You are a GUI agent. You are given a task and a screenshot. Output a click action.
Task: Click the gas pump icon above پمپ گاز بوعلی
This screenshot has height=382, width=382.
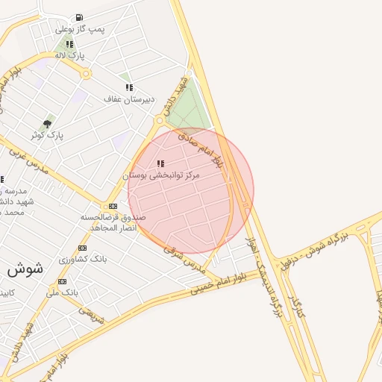79,18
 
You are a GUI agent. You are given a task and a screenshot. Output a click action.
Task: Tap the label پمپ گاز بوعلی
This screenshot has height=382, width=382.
80,29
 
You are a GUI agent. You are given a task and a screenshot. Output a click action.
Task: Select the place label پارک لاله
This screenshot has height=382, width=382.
69,55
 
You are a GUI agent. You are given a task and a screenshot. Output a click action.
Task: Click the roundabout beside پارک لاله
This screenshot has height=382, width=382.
86,74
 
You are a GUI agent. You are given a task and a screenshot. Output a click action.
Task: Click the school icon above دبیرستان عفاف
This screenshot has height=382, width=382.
129,87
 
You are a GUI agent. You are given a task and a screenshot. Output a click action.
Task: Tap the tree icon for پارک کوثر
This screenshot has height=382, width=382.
48,124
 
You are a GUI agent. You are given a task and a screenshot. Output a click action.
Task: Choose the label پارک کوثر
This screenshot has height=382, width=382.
47,135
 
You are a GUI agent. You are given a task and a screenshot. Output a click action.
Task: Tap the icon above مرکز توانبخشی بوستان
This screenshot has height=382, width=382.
160,163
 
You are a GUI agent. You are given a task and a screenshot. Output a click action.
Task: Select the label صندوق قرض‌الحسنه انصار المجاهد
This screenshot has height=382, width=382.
113,222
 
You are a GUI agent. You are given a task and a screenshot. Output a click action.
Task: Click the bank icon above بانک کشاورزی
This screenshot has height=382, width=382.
82,248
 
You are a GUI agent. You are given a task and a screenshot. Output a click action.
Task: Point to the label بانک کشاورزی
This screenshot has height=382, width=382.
82,259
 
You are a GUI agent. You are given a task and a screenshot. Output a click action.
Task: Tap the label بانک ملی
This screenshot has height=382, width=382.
62,292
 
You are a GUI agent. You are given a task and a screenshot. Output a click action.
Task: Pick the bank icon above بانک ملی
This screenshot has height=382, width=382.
62,281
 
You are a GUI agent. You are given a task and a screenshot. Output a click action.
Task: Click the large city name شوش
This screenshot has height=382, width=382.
25,267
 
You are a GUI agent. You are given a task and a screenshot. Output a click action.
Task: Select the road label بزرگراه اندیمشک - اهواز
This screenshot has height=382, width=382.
262,280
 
